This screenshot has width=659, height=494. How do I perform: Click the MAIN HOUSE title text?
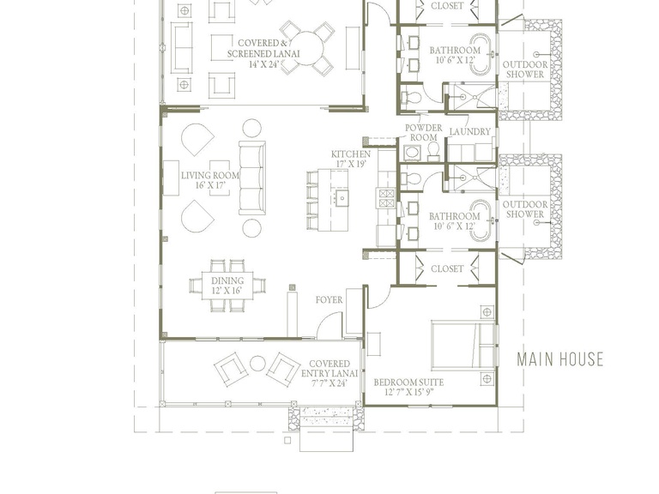pyautogui.click(x=559, y=359)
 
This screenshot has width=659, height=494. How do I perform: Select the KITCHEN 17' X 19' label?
pyautogui.click(x=351, y=159)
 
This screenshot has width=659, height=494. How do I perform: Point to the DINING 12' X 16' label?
pyautogui.click(x=227, y=286)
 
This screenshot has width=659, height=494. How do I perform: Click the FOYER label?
pyautogui.click(x=329, y=300)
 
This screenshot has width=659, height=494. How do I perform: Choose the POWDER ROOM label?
pyautogui.click(x=424, y=132)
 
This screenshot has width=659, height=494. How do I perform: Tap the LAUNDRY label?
pyautogui.click(x=470, y=132)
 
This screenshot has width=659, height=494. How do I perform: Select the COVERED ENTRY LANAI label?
pyautogui.click(x=329, y=373)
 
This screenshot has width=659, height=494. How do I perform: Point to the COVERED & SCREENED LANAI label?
pyautogui.click(x=263, y=53)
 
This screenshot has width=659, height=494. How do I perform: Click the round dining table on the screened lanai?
pyautogui.click(x=307, y=48)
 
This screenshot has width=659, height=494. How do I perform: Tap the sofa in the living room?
pyautogui.click(x=252, y=178)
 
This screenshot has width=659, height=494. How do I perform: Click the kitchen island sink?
pyautogui.click(x=342, y=197)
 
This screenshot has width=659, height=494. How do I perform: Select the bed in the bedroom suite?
pyautogui.click(x=463, y=345)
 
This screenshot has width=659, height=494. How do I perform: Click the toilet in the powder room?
pyautogui.click(x=433, y=151)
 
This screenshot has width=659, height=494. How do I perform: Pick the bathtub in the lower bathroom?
pyautogui.click(x=480, y=220)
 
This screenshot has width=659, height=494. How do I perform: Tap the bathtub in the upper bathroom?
pyautogui.click(x=480, y=55)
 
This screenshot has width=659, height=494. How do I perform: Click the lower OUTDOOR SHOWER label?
pyautogui.click(x=525, y=209)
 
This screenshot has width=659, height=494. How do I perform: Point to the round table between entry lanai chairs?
pyautogui.click(x=257, y=364)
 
